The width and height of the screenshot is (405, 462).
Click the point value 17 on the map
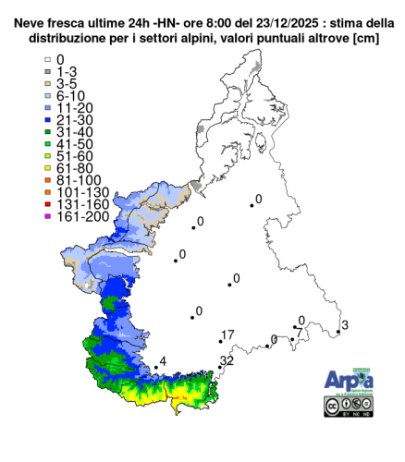[228, 334]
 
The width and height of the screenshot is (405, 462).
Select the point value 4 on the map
[163, 360]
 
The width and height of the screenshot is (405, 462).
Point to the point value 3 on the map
[344, 324]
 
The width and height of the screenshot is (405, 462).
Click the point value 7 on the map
[298, 332]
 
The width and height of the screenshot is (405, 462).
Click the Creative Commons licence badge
[347, 406]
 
